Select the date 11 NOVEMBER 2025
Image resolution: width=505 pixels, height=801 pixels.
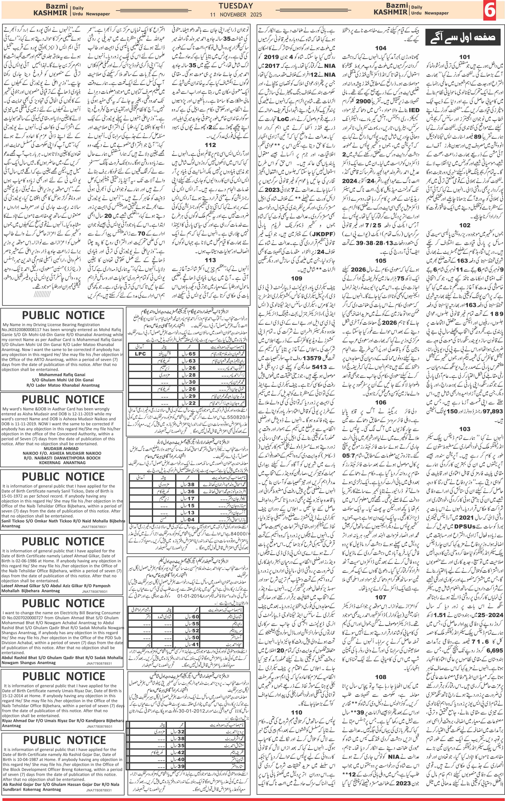[236, 15]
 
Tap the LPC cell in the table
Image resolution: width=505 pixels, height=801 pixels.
[140, 354]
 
